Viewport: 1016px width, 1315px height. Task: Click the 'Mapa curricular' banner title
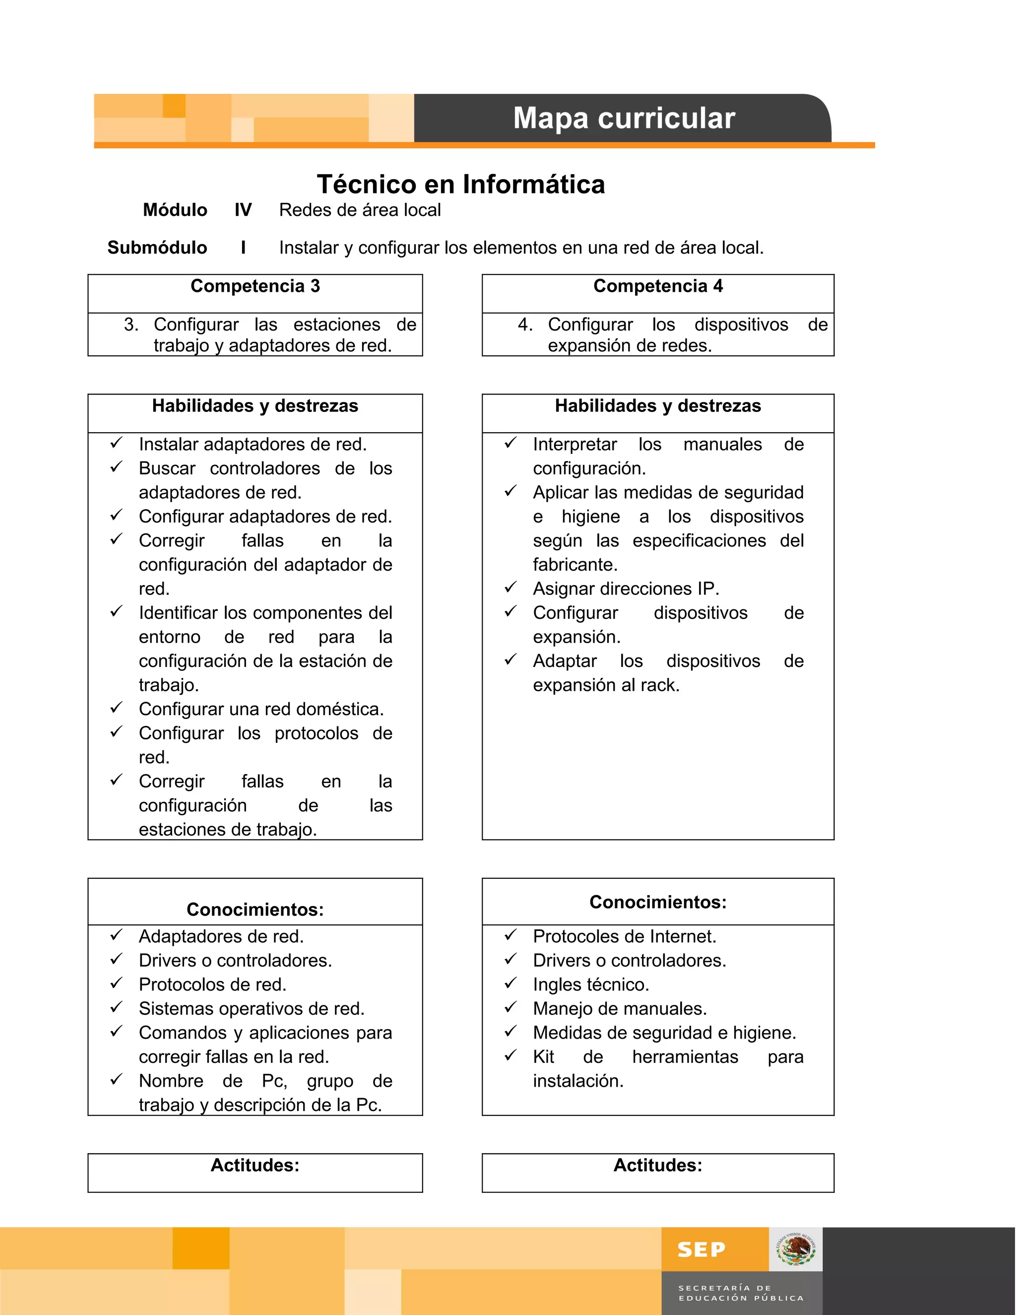coord(624,118)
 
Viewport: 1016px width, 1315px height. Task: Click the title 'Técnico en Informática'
coord(460,184)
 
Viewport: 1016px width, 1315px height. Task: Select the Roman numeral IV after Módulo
coord(243,210)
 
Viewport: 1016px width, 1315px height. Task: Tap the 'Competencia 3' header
coord(255,286)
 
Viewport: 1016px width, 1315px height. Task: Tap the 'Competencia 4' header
coord(658,286)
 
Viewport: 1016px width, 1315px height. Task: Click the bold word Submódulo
coord(157,248)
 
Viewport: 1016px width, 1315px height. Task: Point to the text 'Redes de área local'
coord(360,210)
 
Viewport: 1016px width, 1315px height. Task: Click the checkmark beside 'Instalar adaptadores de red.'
coord(116,443)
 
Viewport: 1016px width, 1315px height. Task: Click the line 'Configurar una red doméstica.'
coord(261,709)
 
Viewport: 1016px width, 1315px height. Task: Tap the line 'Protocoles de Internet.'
coord(624,936)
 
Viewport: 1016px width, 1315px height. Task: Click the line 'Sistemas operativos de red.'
coord(252,1008)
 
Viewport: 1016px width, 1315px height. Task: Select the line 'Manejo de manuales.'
coord(619,1008)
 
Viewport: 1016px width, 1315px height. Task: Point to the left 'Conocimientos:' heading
coord(255,909)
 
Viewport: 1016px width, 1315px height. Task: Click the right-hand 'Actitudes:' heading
coord(658,1165)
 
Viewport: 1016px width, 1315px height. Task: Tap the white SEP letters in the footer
coord(701,1250)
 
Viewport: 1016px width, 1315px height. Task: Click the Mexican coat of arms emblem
coord(796,1249)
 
